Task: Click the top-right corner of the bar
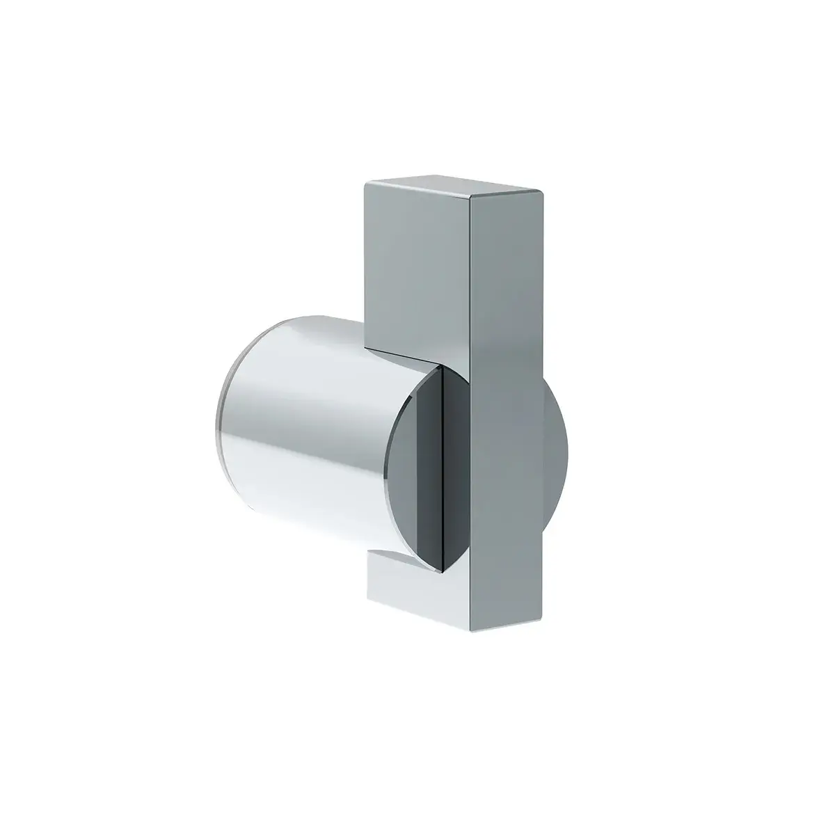coord(542,189)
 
